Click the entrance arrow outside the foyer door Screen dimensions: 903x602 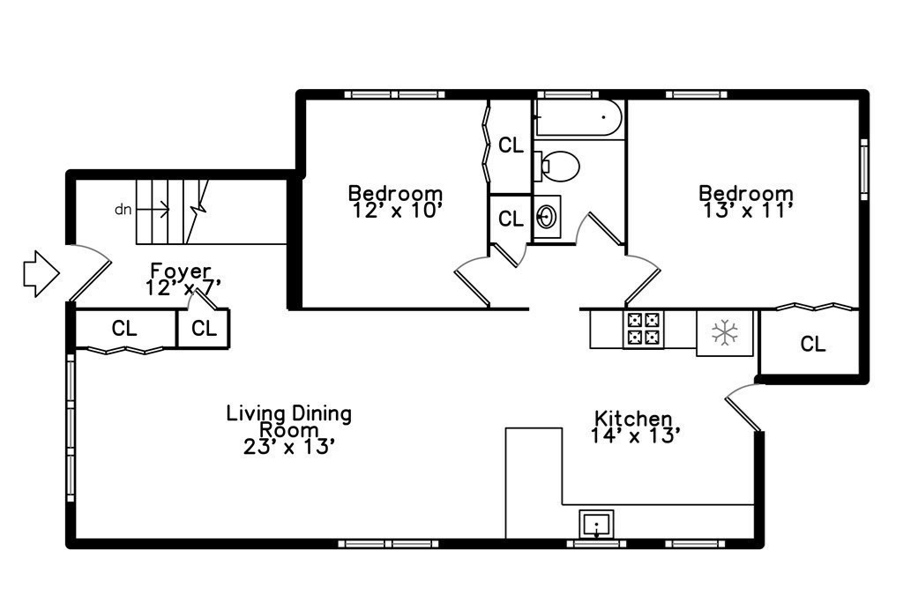[x=41, y=273]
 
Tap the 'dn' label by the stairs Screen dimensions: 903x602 [x=123, y=210]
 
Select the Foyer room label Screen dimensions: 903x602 [x=180, y=270]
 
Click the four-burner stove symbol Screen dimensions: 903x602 [x=643, y=329]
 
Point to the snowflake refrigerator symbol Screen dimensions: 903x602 [x=725, y=332]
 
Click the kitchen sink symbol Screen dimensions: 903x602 [x=596, y=524]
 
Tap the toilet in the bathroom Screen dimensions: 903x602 [x=556, y=166]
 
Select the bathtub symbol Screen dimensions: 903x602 [x=578, y=117]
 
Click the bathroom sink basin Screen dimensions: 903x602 [x=546, y=217]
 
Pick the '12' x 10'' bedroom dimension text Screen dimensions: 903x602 [x=397, y=211]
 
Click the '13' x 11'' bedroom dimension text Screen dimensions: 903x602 [x=748, y=211]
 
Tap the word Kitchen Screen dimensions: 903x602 [x=633, y=418]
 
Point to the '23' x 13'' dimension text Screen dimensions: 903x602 [x=289, y=447]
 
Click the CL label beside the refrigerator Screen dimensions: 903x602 [x=812, y=344]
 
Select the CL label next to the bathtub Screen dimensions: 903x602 [x=511, y=145]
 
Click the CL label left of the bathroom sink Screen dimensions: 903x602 [x=511, y=219]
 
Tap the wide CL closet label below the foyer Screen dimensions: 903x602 [x=124, y=329]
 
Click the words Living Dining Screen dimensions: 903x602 [x=288, y=413]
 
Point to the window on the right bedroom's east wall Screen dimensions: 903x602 [x=863, y=169]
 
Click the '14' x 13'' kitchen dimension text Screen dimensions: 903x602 [x=636, y=435]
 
